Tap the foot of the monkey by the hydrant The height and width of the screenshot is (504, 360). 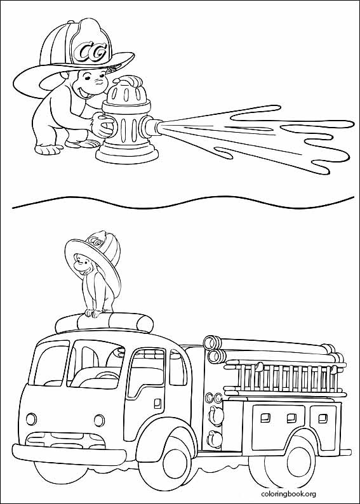tap(49, 149)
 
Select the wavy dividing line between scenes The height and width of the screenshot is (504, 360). tap(183, 202)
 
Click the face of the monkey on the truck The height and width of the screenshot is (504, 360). tap(82, 264)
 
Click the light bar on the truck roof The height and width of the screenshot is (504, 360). tap(104, 322)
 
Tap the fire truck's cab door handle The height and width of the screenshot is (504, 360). tap(157, 403)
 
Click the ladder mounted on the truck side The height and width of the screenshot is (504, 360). tap(284, 377)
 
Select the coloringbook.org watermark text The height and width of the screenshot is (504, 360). tap(288, 494)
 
